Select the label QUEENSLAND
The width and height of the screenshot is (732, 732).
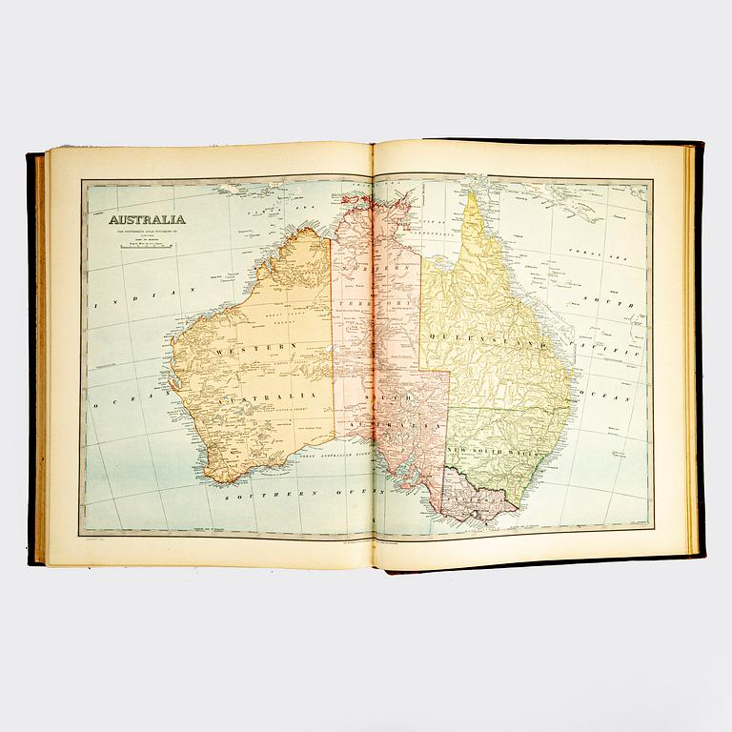(492, 338)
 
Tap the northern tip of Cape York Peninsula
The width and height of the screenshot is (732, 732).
(472, 195)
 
